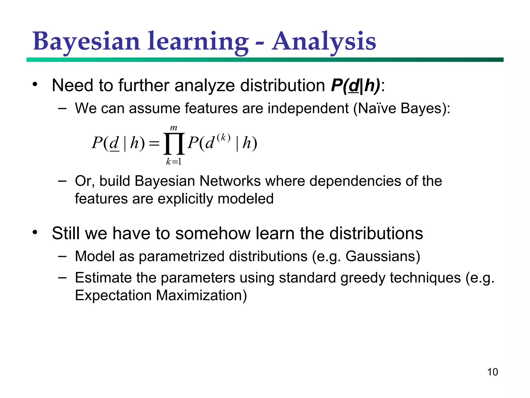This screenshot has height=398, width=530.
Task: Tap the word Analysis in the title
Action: (x=324, y=41)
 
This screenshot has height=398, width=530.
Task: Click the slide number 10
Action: (x=492, y=372)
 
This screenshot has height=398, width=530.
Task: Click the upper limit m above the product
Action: (x=174, y=128)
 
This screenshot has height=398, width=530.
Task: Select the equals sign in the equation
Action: (x=154, y=143)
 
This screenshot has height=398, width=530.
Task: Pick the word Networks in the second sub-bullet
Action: (x=230, y=181)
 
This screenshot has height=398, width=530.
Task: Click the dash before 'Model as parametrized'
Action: (x=62, y=256)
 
